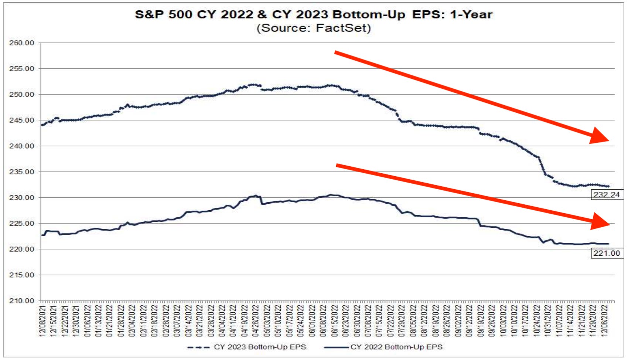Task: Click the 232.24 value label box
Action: click(606, 195)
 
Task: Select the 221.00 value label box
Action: click(606, 253)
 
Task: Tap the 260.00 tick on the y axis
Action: click(21, 43)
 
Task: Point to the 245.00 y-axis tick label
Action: click(21, 120)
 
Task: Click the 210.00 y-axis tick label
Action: click(21, 301)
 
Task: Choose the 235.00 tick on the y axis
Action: click(21, 172)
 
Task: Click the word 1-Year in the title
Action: click(471, 14)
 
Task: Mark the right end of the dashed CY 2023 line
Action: click(608, 186)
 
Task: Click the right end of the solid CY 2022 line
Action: click(608, 244)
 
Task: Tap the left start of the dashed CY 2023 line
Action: click(42, 125)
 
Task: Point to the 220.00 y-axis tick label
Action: click(21, 249)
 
